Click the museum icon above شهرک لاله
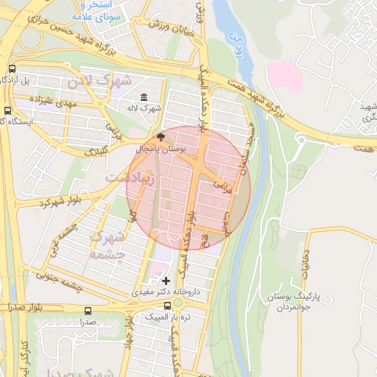click(143, 99)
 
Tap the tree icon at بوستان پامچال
click(162, 138)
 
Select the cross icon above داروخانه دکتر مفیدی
click(166, 281)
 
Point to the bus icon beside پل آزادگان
click(11, 69)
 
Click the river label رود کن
click(236, 40)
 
